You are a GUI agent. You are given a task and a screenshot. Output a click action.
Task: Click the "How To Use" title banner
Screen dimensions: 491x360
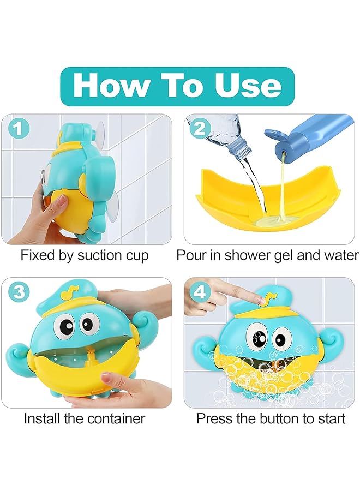coord(177,86)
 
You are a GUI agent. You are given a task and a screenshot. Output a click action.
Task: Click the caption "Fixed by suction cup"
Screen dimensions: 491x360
coord(85,255)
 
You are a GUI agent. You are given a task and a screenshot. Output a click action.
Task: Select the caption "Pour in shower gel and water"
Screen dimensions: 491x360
coord(268,255)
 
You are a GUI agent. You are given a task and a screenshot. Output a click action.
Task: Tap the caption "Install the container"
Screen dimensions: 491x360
coord(85,418)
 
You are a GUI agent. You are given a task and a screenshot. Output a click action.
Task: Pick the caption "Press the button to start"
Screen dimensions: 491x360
coord(271,418)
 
